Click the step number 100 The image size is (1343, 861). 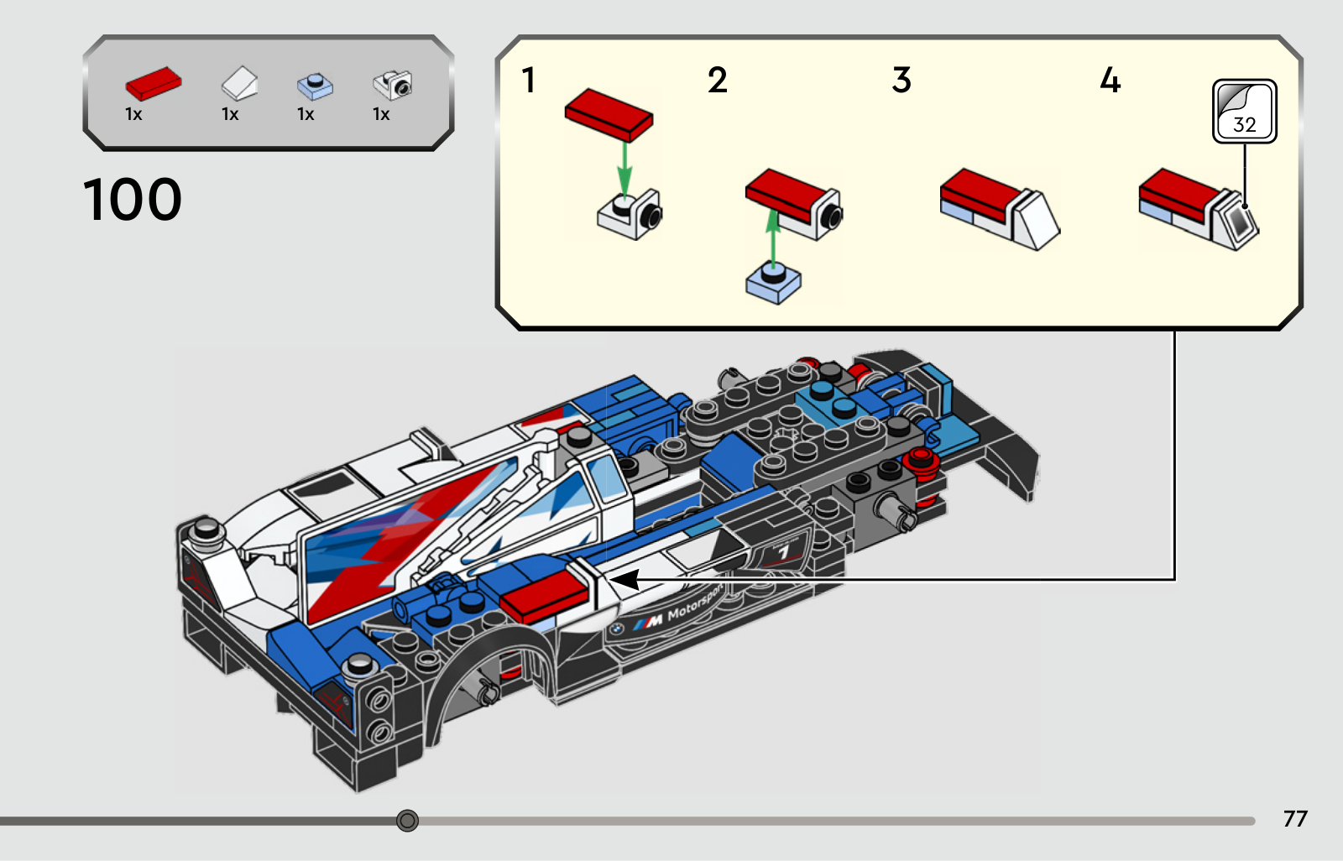coord(132,199)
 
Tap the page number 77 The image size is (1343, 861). coord(1295,818)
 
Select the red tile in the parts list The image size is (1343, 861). coord(154,83)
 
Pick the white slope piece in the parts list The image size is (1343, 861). coord(239,83)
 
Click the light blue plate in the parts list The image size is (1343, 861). coord(316,86)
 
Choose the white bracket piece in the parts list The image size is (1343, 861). coord(393,85)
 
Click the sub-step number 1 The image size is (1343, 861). coord(528,81)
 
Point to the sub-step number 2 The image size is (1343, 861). coord(718,81)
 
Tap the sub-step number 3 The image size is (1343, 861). coord(901,81)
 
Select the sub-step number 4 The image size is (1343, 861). coord(1110,81)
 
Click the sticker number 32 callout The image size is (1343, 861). coord(1245,112)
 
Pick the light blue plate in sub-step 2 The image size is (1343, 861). coord(773,284)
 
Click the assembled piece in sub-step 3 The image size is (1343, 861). coord(1000,209)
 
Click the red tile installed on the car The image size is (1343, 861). coord(545,597)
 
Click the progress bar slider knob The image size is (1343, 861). coord(407,820)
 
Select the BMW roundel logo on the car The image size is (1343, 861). coord(616,629)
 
